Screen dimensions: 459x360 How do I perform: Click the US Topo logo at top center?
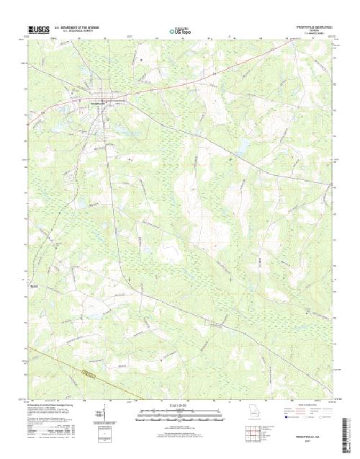[180, 31]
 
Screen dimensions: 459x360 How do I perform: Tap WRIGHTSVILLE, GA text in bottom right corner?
[308, 437]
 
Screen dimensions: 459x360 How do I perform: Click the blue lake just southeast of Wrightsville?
[114, 133]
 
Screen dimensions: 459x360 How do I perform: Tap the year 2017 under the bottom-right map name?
[308, 442]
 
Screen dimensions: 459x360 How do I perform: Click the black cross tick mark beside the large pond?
[230, 159]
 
